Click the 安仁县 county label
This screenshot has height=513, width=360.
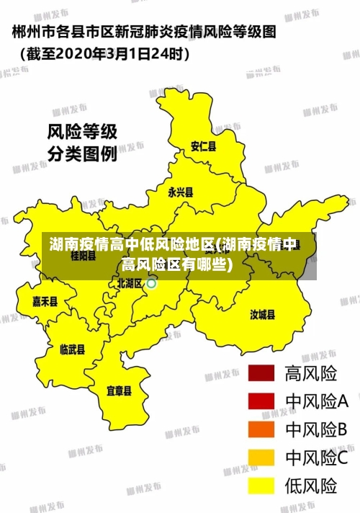203,147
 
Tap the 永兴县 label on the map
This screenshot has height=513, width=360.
181,192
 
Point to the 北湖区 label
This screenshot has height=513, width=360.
130,283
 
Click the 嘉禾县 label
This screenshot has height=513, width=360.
45,302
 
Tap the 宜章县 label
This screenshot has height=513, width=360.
119,391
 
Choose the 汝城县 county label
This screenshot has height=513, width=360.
263,314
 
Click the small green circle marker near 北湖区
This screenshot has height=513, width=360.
151,283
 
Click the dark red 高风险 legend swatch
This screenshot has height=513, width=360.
262,373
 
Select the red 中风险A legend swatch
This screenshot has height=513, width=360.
262,401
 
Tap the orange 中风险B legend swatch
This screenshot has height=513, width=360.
262,429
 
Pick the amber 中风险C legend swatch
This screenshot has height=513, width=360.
262,457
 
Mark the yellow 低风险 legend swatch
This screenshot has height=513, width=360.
262,485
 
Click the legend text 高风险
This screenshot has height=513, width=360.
311,373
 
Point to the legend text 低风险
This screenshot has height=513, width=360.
311,485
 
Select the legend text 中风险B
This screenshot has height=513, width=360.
317,429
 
